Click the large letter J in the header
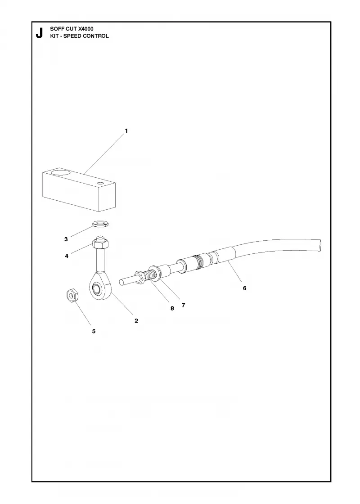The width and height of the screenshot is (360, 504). (x=39, y=33)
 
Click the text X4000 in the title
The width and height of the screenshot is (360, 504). (x=86, y=29)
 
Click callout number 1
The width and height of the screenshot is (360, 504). (x=126, y=131)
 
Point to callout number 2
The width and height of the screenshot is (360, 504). (x=136, y=320)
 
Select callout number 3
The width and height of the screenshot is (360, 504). (x=66, y=239)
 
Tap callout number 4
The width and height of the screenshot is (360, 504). (x=67, y=256)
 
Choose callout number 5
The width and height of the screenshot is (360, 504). (x=94, y=331)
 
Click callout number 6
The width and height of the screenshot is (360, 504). (x=245, y=288)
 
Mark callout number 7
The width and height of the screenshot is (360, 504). (x=183, y=305)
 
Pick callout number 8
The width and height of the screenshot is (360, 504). (x=172, y=308)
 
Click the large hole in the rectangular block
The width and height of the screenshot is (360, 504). (x=61, y=173)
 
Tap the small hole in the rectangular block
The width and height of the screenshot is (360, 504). (x=101, y=183)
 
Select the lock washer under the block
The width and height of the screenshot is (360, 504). (x=101, y=223)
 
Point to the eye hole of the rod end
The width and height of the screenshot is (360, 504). (x=96, y=288)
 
